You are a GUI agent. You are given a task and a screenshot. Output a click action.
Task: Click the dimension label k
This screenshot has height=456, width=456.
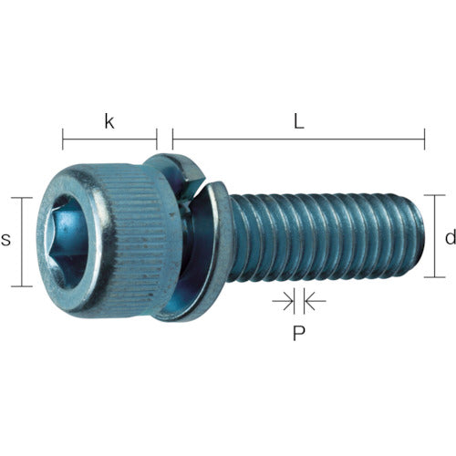pyautogui.click(x=109, y=121)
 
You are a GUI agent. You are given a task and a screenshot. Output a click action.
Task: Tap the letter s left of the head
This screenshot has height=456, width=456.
pyautogui.click(x=6, y=240)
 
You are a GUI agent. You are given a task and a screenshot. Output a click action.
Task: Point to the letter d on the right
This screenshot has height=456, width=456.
pyautogui.click(x=449, y=237)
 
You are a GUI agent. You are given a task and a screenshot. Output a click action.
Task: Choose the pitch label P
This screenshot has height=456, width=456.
pyautogui.click(x=297, y=333)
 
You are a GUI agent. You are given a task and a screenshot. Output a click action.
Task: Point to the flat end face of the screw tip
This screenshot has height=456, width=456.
pyautogui.click(x=421, y=235)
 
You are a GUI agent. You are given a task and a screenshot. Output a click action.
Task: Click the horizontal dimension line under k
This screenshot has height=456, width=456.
pyautogui.click(x=109, y=140)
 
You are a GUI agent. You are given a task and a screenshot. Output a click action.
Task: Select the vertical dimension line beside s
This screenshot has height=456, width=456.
pyautogui.click(x=21, y=241)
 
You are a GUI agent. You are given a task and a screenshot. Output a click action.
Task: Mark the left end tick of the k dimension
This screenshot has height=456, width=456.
pyautogui.click(x=63, y=140)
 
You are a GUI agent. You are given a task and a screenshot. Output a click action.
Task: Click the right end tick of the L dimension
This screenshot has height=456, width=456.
pyautogui.click(x=424, y=140)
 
